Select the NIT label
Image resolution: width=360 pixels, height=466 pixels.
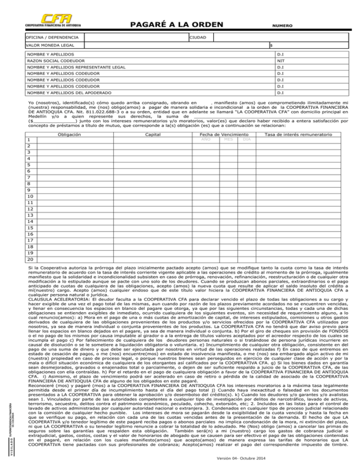(x=280, y=61)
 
